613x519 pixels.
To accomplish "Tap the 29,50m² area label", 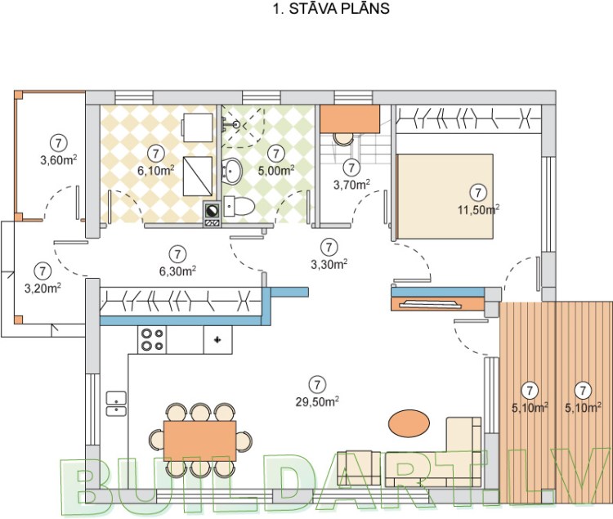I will click(318, 401).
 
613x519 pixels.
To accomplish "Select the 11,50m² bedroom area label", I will click(479, 209).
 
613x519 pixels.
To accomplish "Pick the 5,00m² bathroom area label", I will click(276, 171).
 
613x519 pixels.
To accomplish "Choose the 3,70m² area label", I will click(351, 186).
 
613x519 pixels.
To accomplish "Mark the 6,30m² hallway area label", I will click(176, 270).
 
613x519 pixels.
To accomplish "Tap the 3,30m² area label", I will click(329, 263).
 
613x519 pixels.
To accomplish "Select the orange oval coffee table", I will click(407, 423).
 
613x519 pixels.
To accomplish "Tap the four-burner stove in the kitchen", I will click(151, 339).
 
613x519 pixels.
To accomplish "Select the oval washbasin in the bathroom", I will click(234, 171).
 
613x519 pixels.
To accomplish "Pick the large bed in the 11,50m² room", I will click(445, 196).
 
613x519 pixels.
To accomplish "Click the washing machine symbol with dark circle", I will click(212, 211).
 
